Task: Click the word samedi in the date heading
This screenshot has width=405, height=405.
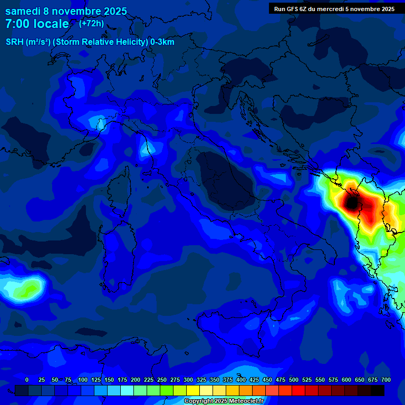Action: tap(23, 11)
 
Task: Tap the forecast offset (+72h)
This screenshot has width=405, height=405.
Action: tap(91, 24)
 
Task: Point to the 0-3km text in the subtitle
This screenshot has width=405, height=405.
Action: tap(162, 42)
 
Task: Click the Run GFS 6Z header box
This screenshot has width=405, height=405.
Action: tap(334, 9)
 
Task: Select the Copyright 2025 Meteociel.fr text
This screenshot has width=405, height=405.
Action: tap(224, 401)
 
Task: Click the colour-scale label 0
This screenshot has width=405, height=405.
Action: tap(27, 380)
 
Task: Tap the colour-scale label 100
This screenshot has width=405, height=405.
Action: tap(83, 380)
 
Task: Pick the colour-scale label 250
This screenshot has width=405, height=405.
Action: tap(162, 380)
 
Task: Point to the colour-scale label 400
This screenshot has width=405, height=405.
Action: tap(241, 380)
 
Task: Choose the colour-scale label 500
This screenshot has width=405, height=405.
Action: tap(294, 380)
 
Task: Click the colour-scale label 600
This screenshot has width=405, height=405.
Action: tap(346, 380)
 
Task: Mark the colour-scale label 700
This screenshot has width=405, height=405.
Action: tap(385, 380)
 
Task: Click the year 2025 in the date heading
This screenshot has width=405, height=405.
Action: tap(112, 11)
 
